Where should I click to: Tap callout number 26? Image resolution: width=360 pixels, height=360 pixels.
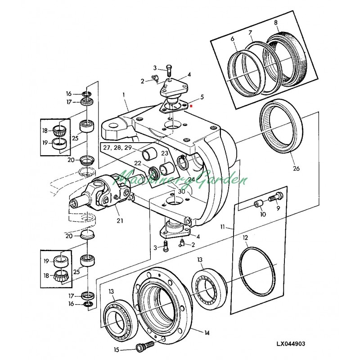[296, 169]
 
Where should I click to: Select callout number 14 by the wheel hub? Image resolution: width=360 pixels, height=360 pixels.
[207, 333]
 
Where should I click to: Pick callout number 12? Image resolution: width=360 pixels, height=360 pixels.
[245, 237]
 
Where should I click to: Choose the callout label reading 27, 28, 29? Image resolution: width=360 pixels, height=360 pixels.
[117, 147]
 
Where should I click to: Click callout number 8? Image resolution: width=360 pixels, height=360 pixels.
[276, 22]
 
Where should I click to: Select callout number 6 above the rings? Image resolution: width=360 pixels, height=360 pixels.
[233, 40]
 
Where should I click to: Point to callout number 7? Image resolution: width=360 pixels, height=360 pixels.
[251, 33]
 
